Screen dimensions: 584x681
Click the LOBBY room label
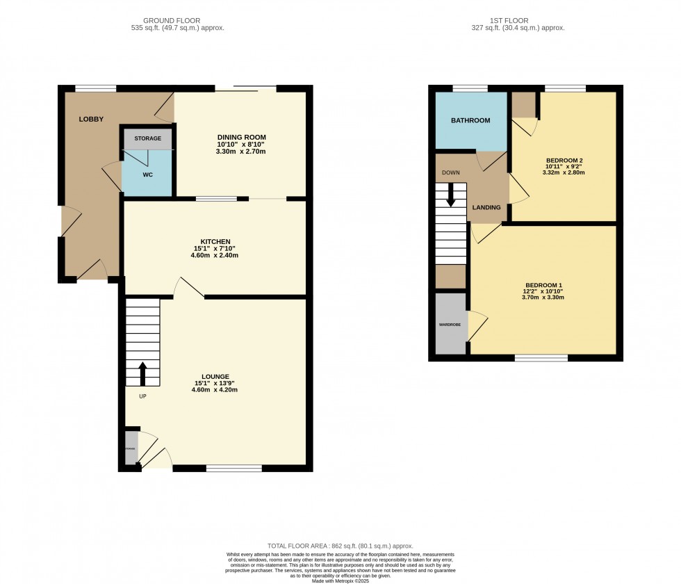tap(91, 119)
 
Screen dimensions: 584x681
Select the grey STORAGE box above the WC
tap(147, 138)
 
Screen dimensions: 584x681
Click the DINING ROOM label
tap(242, 137)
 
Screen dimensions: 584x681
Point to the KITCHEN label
tap(215, 241)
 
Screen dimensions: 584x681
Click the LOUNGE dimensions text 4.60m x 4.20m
tap(215, 390)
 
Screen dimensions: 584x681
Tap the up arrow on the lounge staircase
tap(143, 373)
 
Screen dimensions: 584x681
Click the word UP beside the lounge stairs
tap(142, 396)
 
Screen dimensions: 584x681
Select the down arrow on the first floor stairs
tap(451, 194)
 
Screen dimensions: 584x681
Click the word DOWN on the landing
tap(451, 172)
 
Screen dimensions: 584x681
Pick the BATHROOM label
tap(470, 120)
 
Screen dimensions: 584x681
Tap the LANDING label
tap(486, 207)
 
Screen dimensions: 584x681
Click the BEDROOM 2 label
tap(564, 161)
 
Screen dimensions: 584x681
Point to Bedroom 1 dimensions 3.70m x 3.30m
tap(543, 298)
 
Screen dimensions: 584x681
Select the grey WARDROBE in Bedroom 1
tap(450, 324)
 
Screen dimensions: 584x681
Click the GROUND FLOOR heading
tap(177, 20)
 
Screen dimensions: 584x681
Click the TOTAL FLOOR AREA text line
tap(340, 546)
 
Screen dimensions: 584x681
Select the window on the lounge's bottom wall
tap(233, 469)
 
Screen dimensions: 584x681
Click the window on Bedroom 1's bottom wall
tap(541, 358)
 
